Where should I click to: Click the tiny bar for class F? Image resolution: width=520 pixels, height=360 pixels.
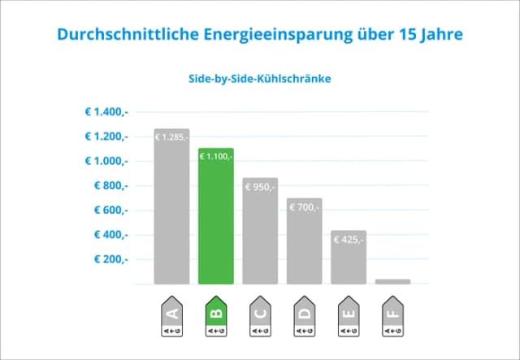[393, 281]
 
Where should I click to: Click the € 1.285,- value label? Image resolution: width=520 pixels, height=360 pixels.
[171, 137]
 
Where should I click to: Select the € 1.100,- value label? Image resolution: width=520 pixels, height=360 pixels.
[215, 156]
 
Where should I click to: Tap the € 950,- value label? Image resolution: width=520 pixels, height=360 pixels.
[260, 187]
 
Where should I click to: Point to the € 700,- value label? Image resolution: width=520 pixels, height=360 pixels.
[304, 207]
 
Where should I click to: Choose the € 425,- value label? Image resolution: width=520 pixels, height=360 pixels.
[349, 240]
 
